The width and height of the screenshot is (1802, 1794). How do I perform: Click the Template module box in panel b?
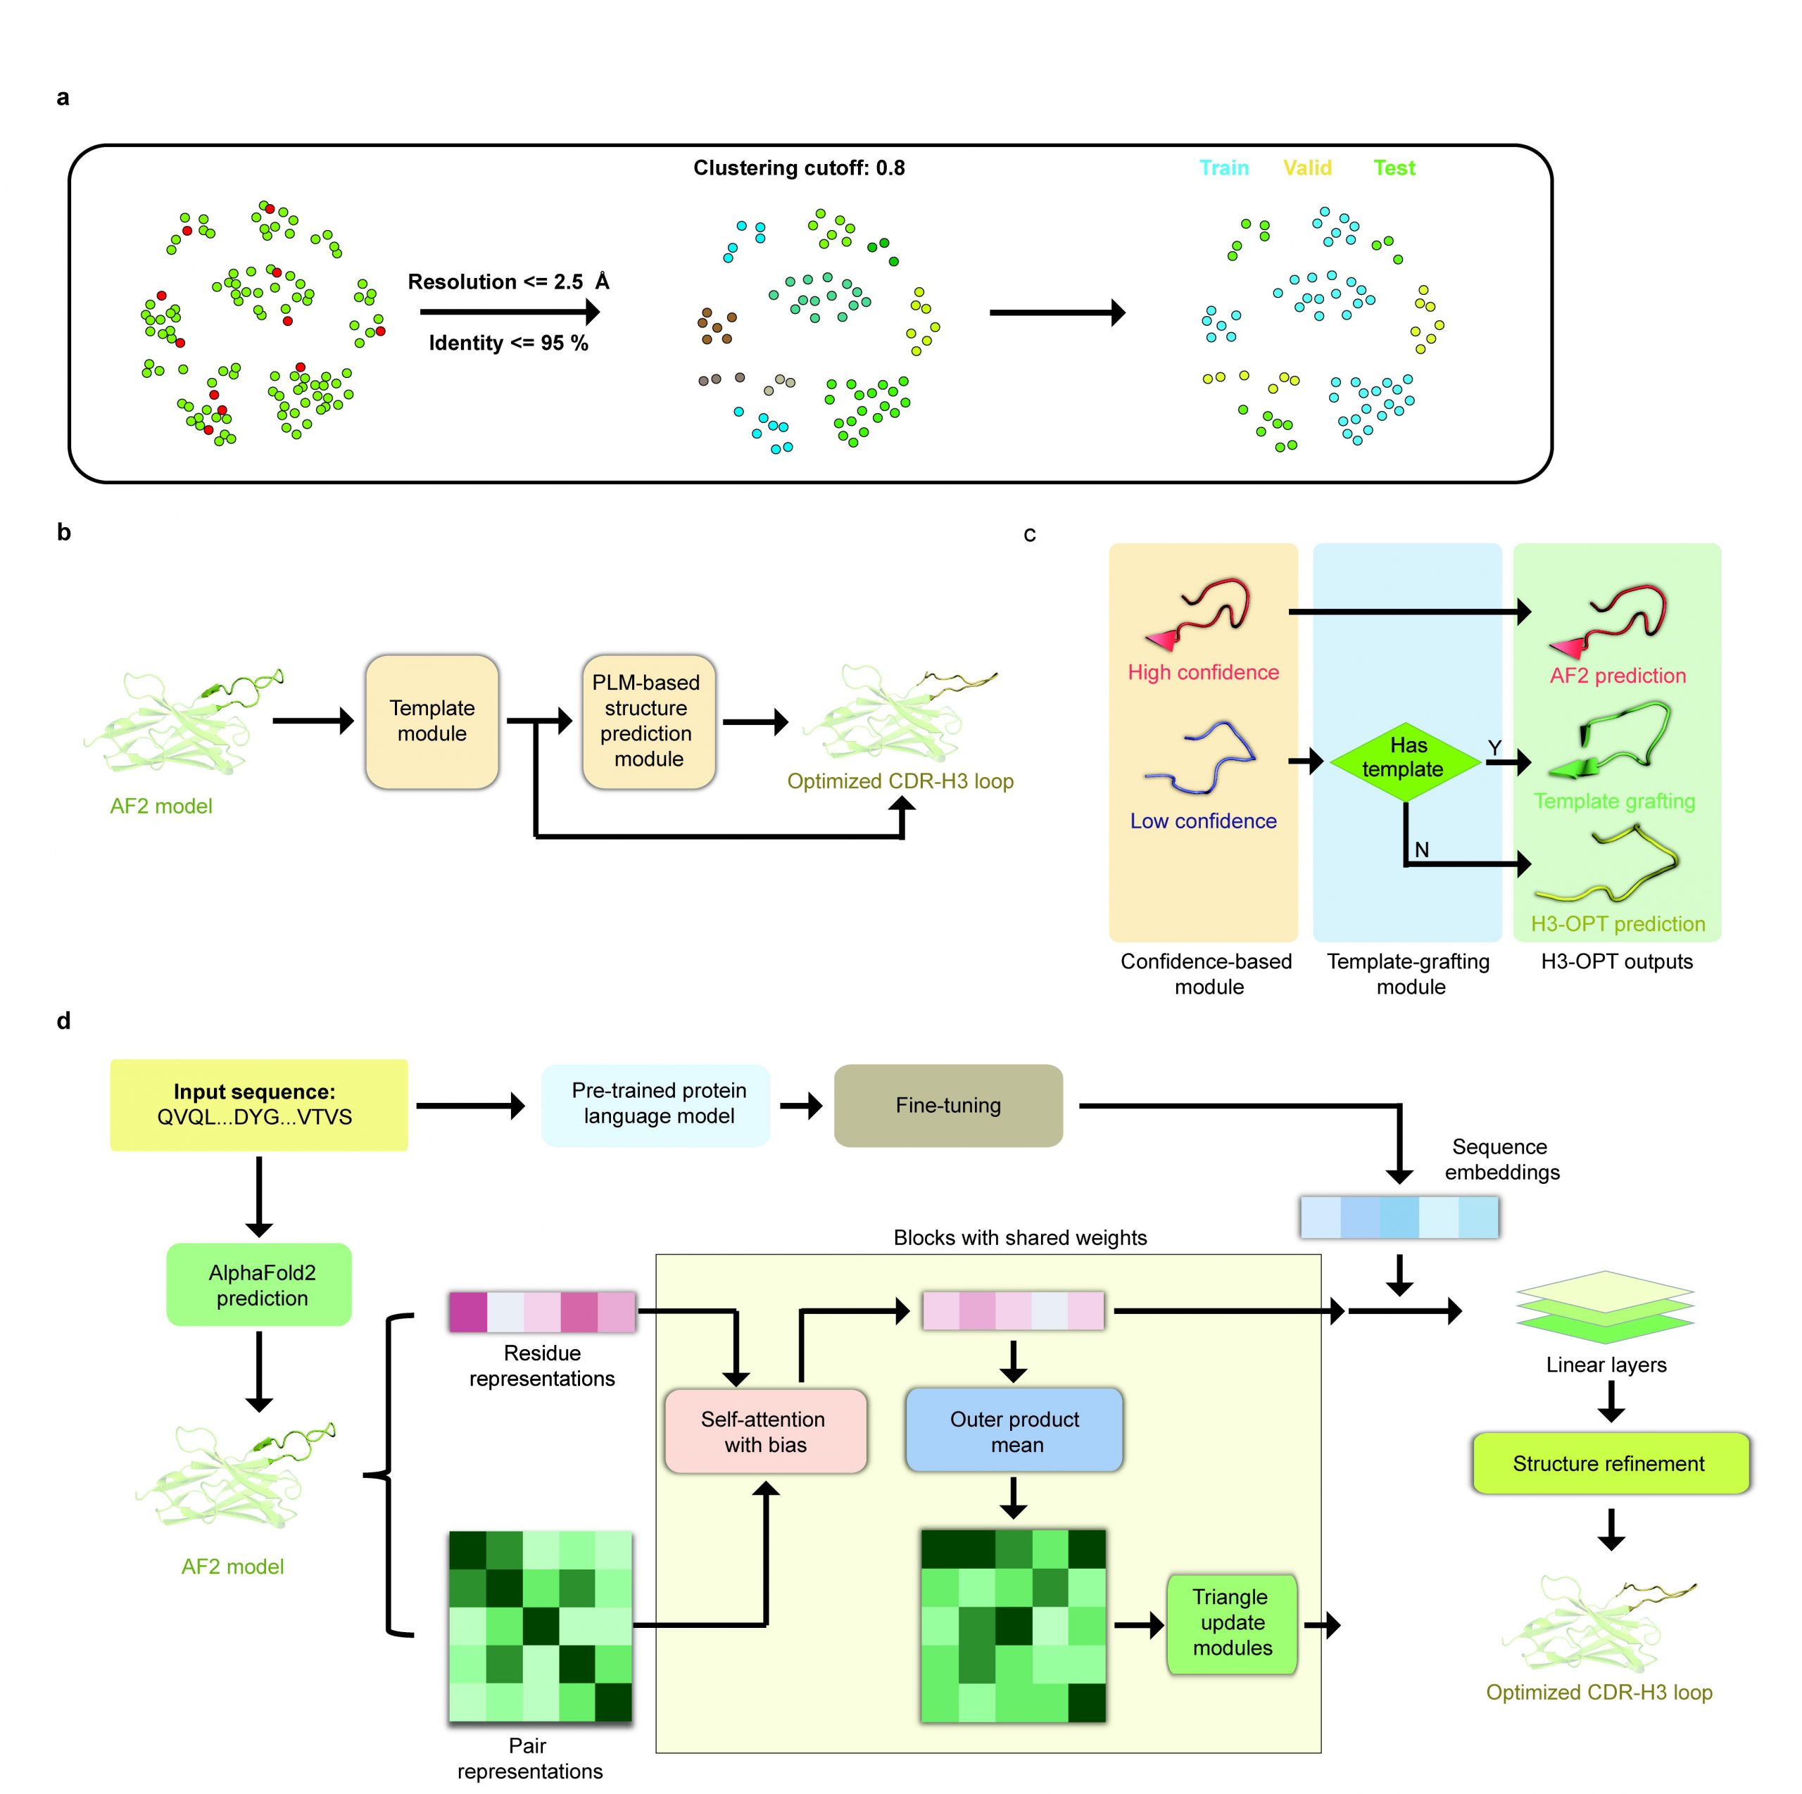point(431,721)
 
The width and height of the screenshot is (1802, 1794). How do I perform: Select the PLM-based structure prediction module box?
point(648,721)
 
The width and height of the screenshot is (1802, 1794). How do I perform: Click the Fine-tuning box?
point(947,1105)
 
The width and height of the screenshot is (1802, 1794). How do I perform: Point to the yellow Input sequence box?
point(258,1104)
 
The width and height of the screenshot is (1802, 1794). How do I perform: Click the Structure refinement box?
point(1610,1463)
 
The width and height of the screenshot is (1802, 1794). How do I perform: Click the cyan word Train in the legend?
point(1223,168)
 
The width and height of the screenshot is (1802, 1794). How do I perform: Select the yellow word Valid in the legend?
point(1306,168)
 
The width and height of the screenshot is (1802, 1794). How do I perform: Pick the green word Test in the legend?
point(1394,168)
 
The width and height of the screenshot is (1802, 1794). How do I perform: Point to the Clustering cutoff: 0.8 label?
point(798,168)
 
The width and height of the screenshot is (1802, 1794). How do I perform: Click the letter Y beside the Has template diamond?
point(1494,748)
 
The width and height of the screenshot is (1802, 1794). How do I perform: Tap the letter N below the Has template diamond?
point(1421,849)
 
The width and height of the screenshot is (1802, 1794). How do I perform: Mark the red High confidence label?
point(1203,672)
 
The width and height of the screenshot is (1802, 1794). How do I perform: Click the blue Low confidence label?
point(1203,821)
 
